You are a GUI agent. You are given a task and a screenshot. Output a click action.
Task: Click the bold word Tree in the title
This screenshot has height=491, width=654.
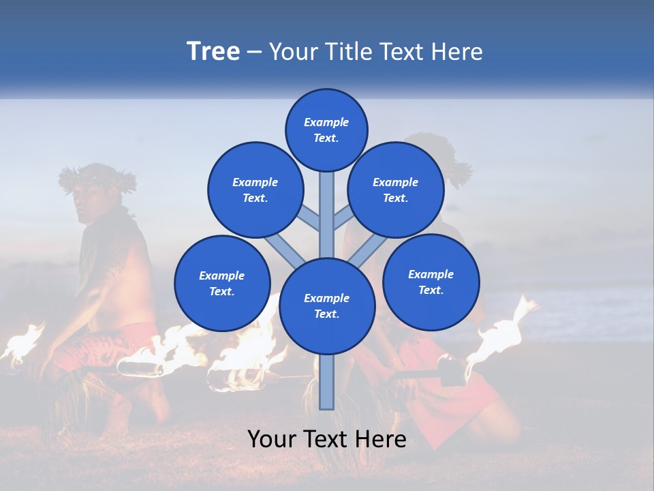click(x=213, y=52)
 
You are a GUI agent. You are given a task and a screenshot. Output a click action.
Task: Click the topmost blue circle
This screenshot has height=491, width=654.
click(x=326, y=130)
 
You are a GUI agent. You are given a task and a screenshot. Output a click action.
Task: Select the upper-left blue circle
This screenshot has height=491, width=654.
click(x=255, y=190)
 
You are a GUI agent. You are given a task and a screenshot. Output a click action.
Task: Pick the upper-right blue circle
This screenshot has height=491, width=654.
click(x=396, y=190)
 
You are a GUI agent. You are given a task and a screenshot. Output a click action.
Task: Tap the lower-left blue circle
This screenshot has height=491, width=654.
click(x=222, y=283)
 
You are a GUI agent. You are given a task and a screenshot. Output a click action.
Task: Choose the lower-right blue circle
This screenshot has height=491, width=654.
click(x=431, y=281)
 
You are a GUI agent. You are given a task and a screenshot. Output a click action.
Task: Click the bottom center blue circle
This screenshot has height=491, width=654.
click(x=327, y=306)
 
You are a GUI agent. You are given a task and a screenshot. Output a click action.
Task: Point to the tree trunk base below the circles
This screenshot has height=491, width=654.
click(x=326, y=385)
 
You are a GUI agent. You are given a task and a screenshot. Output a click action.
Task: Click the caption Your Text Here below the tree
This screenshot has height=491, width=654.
click(x=326, y=439)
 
